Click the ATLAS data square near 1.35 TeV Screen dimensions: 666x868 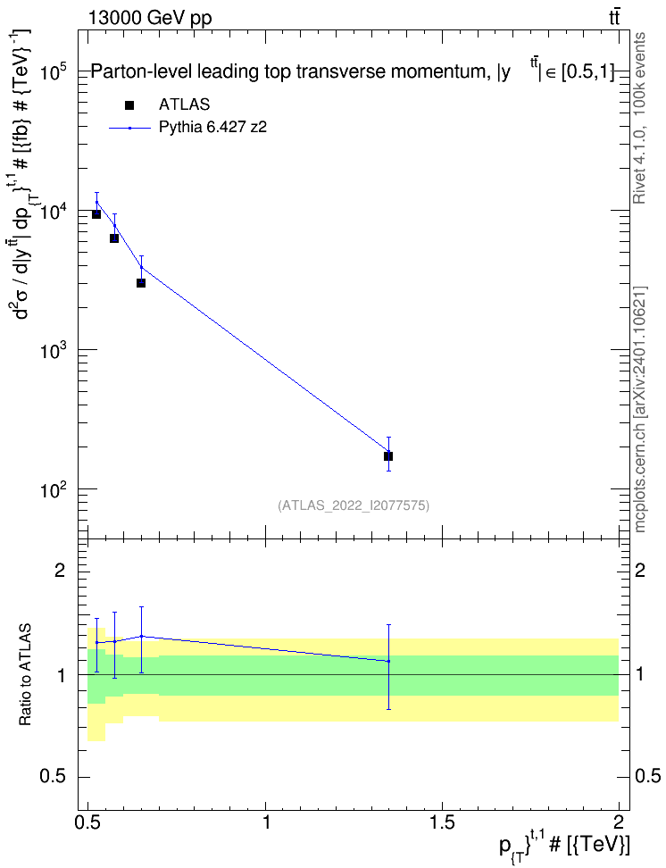(388, 456)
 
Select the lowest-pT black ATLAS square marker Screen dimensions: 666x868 (96, 213)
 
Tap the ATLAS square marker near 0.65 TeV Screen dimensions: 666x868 (141, 283)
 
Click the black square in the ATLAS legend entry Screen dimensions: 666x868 (129, 104)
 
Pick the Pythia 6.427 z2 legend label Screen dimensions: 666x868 (213, 128)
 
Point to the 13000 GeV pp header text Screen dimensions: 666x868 (149, 19)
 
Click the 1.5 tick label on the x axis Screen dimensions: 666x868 (442, 822)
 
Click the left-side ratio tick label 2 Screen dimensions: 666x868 (62, 570)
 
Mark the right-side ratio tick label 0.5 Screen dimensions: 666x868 (647, 777)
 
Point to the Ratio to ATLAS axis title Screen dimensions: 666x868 (25, 675)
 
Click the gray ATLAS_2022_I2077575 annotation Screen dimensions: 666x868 (354, 505)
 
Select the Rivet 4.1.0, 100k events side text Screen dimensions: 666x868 (639, 118)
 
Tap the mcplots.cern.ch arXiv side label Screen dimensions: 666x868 (639, 410)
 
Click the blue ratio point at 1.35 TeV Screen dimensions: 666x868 (388, 661)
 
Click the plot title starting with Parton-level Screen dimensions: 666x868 (352, 72)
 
